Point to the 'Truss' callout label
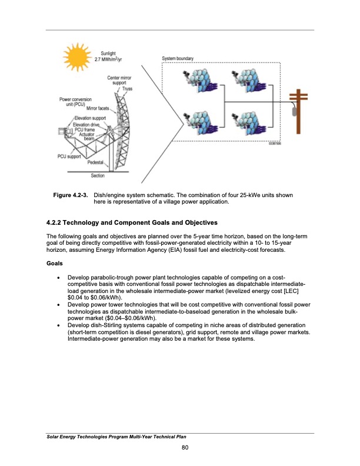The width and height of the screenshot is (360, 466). point(127,89)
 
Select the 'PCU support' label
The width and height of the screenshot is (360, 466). point(69,156)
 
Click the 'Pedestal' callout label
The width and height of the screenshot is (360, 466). point(96,162)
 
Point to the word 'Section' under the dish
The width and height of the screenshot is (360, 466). point(98,175)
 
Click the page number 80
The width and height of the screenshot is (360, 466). point(185,450)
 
